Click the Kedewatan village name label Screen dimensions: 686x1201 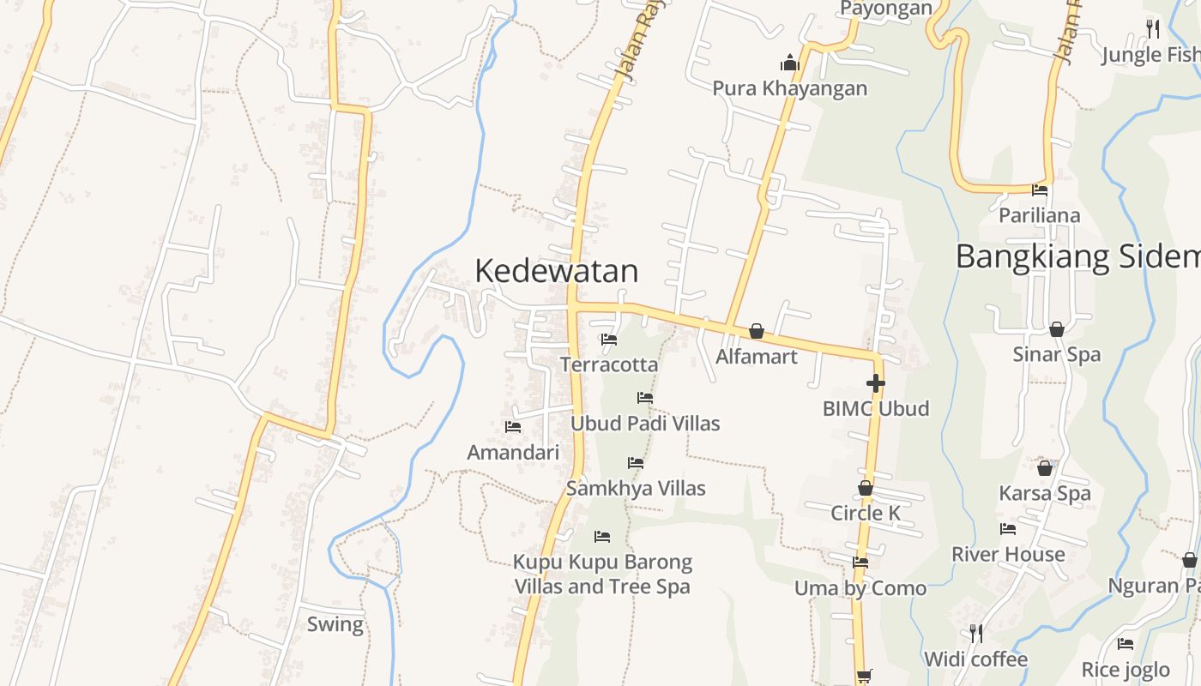click(x=556, y=271)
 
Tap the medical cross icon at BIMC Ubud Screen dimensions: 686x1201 click(x=875, y=383)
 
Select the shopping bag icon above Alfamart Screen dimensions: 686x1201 click(x=756, y=331)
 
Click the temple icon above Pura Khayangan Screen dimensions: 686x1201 click(x=789, y=63)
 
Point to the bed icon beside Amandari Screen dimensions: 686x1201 click(x=513, y=426)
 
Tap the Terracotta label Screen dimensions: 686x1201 click(x=609, y=364)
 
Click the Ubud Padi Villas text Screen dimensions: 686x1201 click(x=645, y=424)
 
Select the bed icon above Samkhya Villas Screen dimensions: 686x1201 click(x=635, y=463)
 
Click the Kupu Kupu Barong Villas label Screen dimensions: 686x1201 click(x=602, y=575)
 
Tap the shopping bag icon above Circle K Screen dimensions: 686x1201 click(x=866, y=489)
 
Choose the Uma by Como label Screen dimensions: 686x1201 click(x=860, y=588)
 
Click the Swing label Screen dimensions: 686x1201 click(x=335, y=624)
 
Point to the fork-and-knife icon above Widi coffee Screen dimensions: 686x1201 click(x=975, y=634)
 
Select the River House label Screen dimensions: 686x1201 click(x=1008, y=554)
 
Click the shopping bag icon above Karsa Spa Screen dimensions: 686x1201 click(x=1044, y=468)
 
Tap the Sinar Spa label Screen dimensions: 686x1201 click(x=1056, y=354)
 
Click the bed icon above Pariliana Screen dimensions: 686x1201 click(x=1040, y=190)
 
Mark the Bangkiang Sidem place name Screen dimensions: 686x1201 click(x=1077, y=256)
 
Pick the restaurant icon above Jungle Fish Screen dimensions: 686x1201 click(x=1152, y=29)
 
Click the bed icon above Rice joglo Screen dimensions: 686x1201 click(x=1125, y=644)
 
